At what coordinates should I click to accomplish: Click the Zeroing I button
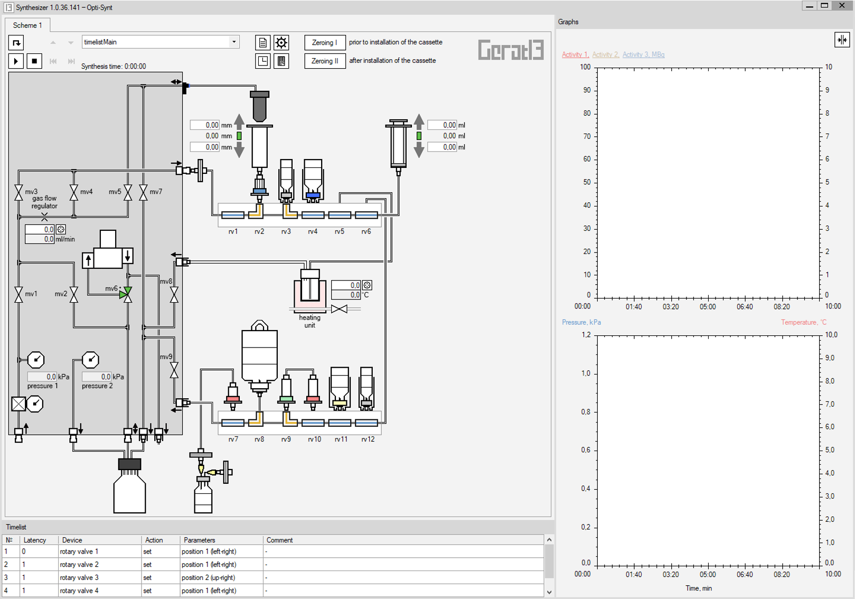325,42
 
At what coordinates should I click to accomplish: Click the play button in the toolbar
16,61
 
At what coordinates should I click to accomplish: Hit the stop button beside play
34,61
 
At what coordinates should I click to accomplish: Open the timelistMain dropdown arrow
234,42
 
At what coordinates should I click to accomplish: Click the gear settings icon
281,42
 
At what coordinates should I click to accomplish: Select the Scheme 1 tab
27,25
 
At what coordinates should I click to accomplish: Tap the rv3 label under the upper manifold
286,231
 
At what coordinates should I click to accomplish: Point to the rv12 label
368,439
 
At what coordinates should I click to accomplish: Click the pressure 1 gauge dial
36,360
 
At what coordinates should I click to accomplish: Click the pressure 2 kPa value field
97,377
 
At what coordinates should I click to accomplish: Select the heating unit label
309,322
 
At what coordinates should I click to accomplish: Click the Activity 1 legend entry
575,54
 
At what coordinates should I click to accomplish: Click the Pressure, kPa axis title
581,322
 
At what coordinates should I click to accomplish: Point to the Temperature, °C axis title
803,322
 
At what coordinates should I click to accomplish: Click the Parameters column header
199,540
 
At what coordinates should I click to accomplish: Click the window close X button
842,6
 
